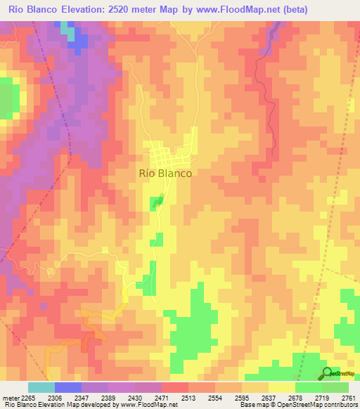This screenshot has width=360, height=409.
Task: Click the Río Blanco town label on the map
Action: pyautogui.click(x=166, y=173)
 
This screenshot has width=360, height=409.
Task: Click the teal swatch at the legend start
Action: pyautogui.click(x=41, y=387)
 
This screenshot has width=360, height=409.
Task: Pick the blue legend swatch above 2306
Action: pyautogui.click(x=68, y=387)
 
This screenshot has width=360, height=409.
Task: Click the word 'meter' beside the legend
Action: pyautogui.click(x=10, y=398)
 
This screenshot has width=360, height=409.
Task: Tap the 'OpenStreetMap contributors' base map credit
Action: pyautogui.click(x=311, y=405)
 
